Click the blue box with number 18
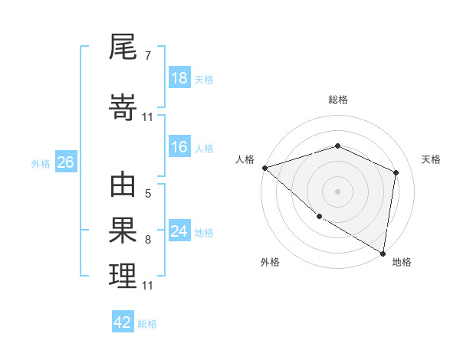pyautogui.click(x=179, y=78)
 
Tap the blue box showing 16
pyautogui.click(x=179, y=148)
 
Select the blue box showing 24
pyautogui.click(x=179, y=232)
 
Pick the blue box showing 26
pyautogui.click(x=65, y=163)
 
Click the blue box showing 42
pyautogui.click(x=123, y=322)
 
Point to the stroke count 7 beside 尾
pyautogui.click(x=147, y=56)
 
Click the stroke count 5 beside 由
pyautogui.click(x=147, y=194)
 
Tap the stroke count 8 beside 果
pyautogui.click(x=147, y=240)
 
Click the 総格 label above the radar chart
pyautogui.click(x=337, y=100)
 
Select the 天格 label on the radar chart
pyautogui.click(x=431, y=159)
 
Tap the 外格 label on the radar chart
pyautogui.click(x=270, y=262)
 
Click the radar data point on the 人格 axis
pyautogui.click(x=264, y=168)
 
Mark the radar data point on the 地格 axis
pyautogui.click(x=383, y=253)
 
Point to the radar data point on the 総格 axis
pyautogui.click(x=337, y=146)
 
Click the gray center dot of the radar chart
pyautogui.click(x=337, y=191)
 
